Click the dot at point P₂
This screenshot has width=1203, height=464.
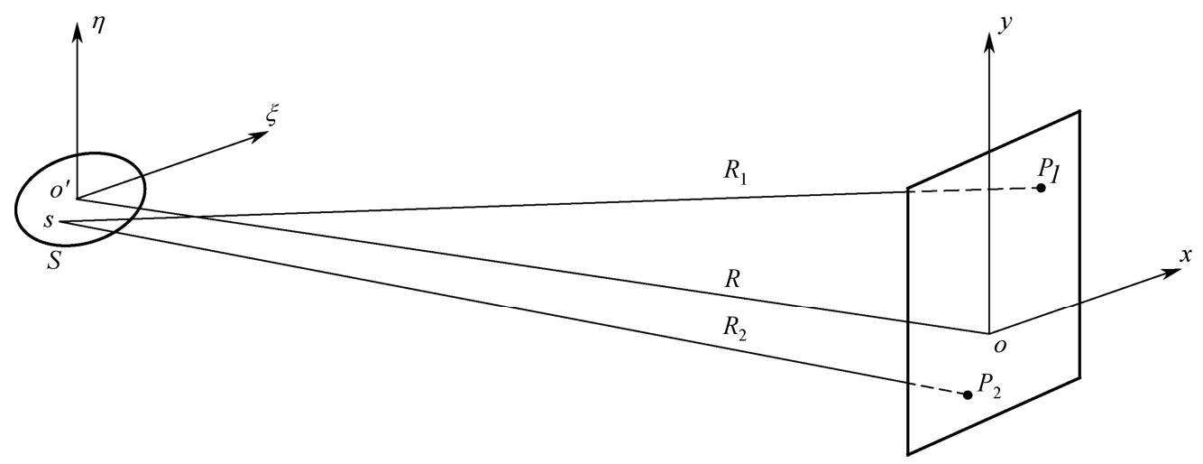(968, 394)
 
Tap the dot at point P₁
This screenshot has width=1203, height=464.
(1041, 188)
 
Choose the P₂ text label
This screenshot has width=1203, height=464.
(990, 384)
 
